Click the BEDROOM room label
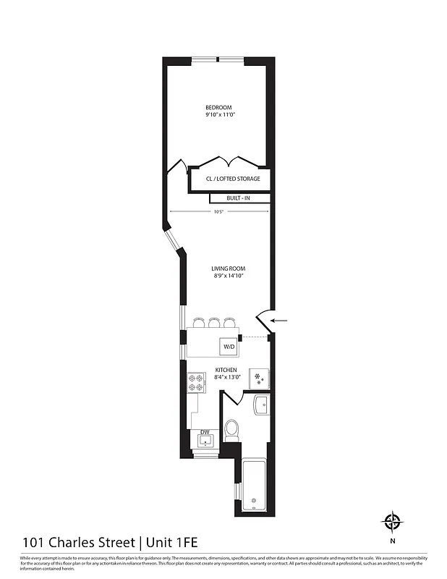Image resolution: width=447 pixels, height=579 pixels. click(218, 108)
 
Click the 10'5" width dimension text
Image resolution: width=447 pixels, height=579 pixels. click(218, 211)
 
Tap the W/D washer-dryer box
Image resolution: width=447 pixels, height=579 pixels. click(229, 347)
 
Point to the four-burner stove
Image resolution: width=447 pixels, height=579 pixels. click(197, 381)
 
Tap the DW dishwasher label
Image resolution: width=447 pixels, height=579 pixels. click(205, 432)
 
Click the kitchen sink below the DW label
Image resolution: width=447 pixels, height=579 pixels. click(205, 441)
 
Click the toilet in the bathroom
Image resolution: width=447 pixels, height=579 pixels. click(232, 431)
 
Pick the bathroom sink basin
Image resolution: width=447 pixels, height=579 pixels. click(261, 405)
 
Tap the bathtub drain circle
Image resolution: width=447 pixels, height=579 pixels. click(253, 502)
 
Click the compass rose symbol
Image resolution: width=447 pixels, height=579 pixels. click(392, 521)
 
